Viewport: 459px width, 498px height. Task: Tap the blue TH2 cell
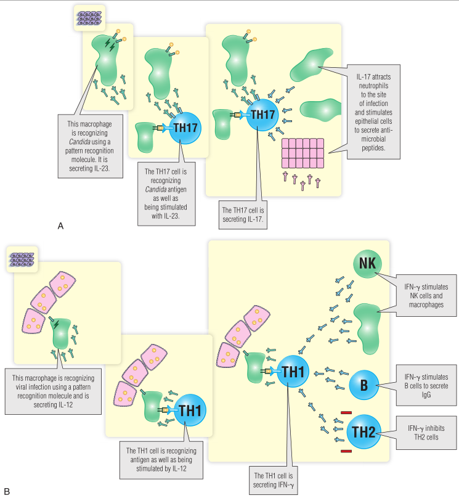coord(364,431)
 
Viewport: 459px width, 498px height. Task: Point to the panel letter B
coord(7,491)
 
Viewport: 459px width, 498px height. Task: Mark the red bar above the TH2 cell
coord(346,413)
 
